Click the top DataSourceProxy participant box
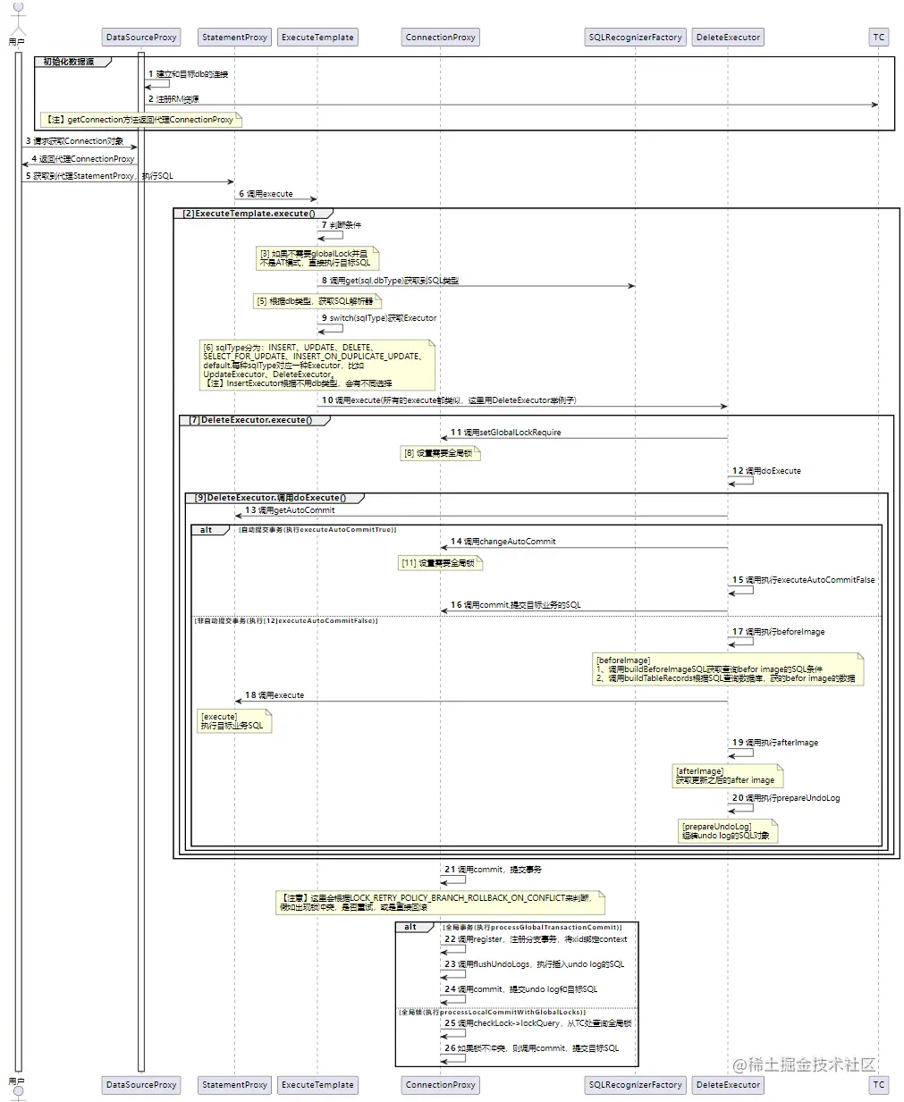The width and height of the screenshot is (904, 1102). (141, 38)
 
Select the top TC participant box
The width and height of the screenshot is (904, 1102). (878, 38)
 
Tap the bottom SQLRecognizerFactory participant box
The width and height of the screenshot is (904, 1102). (635, 1084)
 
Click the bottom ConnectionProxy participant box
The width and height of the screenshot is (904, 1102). (440, 1084)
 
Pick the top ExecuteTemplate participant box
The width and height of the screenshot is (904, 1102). (317, 38)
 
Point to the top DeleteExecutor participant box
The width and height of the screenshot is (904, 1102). (728, 38)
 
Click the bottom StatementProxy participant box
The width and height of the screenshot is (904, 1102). (234, 1084)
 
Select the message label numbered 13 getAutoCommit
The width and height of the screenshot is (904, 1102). (290, 510)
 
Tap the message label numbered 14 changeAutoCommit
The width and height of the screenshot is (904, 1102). (503, 542)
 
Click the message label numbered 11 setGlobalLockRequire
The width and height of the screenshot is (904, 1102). (506, 433)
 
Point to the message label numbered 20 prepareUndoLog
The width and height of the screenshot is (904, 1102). (786, 798)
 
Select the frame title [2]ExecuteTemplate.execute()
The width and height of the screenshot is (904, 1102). (249, 214)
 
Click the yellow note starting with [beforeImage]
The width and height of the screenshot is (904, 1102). (727, 669)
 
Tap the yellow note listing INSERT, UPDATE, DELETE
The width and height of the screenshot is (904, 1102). (316, 365)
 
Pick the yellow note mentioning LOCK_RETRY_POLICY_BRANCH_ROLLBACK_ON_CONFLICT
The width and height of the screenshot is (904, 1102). (440, 902)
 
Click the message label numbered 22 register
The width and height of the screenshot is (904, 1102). (536, 939)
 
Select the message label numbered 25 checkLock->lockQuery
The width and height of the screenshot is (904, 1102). (538, 1023)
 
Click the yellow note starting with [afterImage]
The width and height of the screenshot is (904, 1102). (727, 776)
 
